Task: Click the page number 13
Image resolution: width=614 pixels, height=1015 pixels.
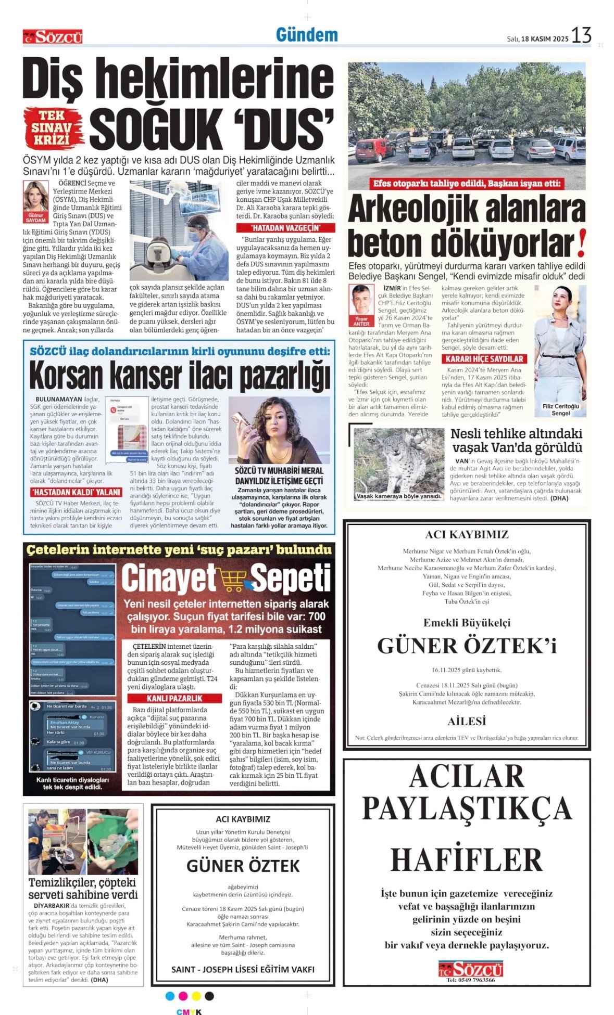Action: (x=581, y=35)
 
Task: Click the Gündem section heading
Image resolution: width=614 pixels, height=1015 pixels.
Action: (x=307, y=35)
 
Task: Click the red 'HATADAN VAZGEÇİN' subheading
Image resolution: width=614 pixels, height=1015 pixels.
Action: (x=285, y=228)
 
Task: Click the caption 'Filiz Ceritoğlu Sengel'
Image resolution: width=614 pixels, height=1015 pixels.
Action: (x=560, y=409)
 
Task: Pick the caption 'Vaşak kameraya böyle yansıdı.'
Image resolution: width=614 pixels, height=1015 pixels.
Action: (x=399, y=496)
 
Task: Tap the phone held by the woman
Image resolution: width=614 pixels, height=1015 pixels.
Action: (x=241, y=422)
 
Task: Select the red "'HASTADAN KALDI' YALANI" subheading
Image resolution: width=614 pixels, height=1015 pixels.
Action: (x=76, y=492)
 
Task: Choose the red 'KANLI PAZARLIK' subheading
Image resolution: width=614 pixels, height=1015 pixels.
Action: (x=174, y=698)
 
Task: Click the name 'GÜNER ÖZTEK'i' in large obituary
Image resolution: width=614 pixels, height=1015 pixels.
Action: (x=467, y=646)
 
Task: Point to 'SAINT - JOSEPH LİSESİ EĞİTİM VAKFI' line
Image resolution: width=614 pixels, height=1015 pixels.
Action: (x=243, y=969)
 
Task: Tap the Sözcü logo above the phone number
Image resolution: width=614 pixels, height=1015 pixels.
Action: (x=470, y=969)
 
